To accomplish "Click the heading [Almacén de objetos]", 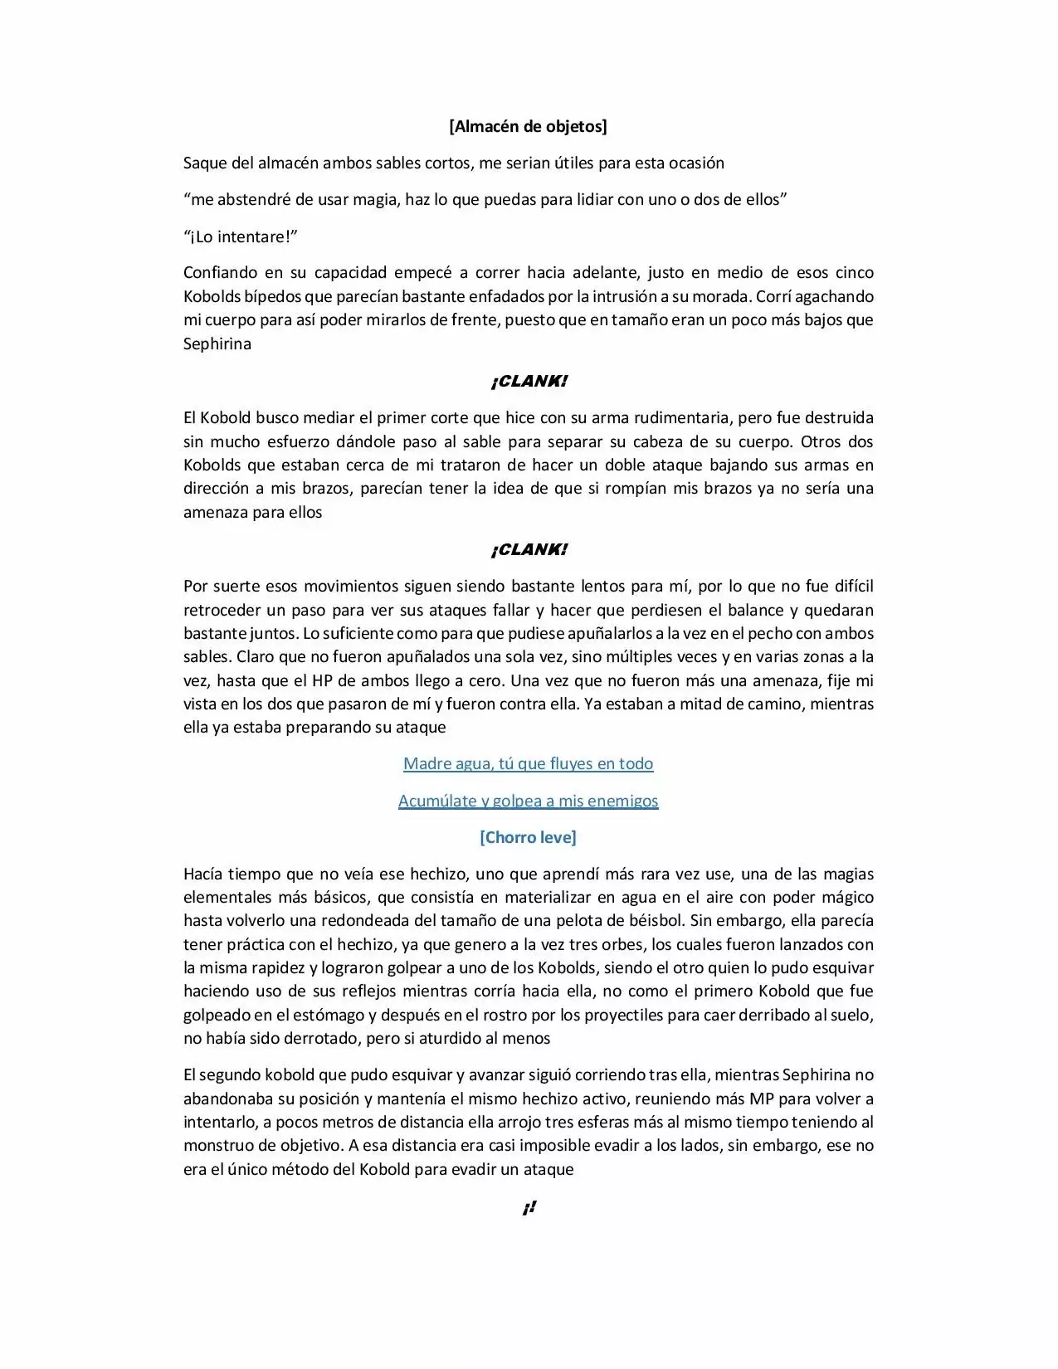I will point(528,126).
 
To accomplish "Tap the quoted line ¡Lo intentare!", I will point(241,236).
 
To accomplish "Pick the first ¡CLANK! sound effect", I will point(529,382).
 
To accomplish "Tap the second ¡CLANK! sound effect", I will point(529,550).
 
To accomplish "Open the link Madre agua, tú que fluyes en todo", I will point(528,764).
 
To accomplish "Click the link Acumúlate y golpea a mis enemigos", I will point(528,801).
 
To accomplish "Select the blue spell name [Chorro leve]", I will point(528,837).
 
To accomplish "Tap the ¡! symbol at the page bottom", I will point(529,1209).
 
